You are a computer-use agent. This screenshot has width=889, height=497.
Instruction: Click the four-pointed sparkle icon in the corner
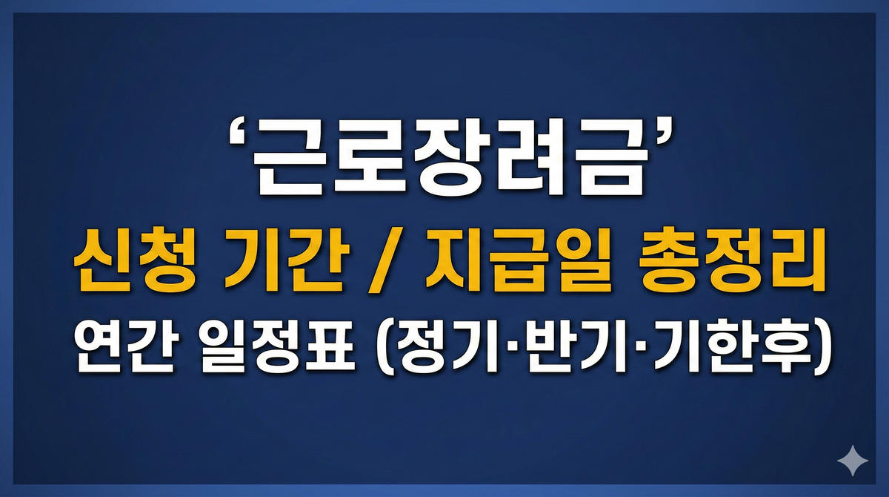click(853, 461)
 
